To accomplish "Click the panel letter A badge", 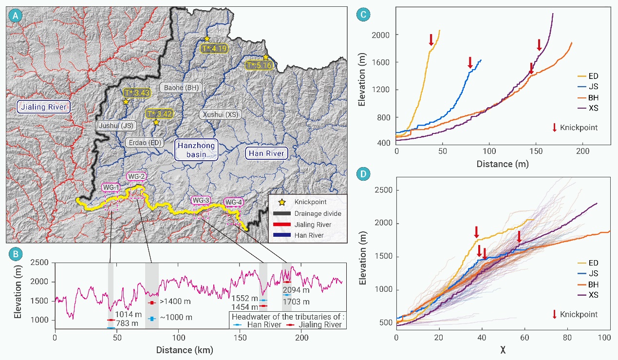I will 16,16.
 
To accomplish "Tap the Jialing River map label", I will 43,106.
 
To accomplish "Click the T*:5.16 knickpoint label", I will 258,65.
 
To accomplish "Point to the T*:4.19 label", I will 214,48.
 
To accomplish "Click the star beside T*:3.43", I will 126,102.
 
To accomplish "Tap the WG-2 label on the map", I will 136,176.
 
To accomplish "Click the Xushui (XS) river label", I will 220,114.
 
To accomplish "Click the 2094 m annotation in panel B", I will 296,290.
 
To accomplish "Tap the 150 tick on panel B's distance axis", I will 241,337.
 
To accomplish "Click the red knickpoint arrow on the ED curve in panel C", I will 431,39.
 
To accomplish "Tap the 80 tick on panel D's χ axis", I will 567,337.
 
